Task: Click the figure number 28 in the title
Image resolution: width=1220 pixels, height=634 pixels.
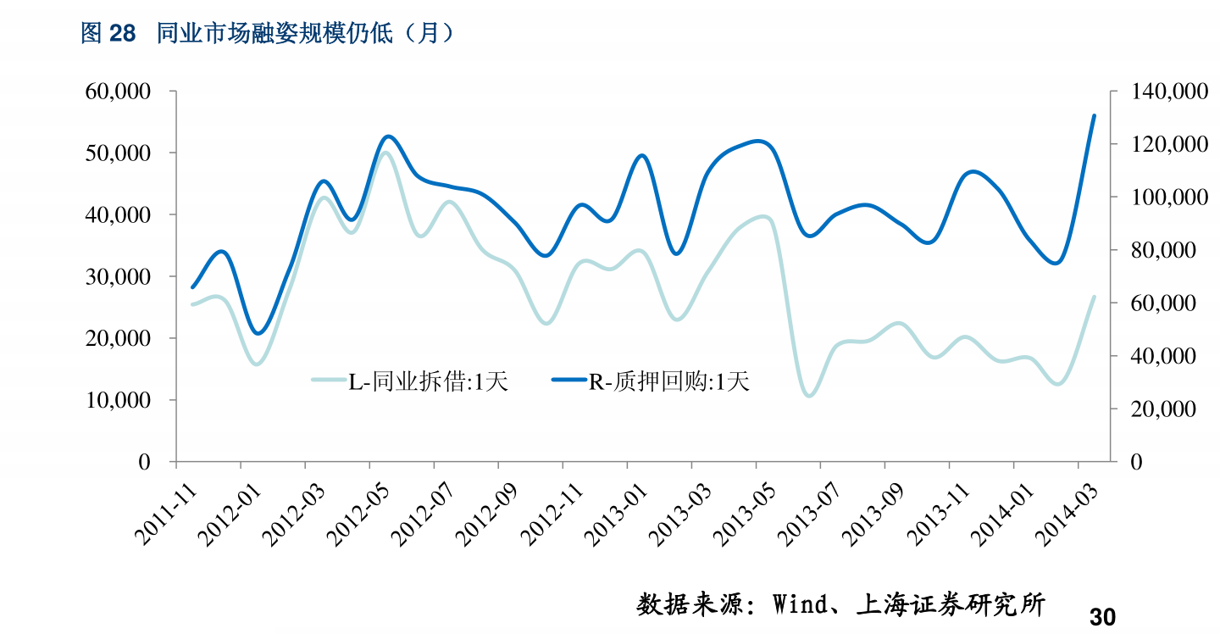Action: tap(122, 33)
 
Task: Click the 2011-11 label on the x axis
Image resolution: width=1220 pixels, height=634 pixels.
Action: tap(166, 510)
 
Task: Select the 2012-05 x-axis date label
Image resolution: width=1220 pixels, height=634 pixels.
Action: tap(359, 510)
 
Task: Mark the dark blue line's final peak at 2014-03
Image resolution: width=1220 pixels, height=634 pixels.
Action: tap(1094, 115)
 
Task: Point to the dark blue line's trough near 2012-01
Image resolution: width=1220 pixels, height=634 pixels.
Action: tap(258, 333)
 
